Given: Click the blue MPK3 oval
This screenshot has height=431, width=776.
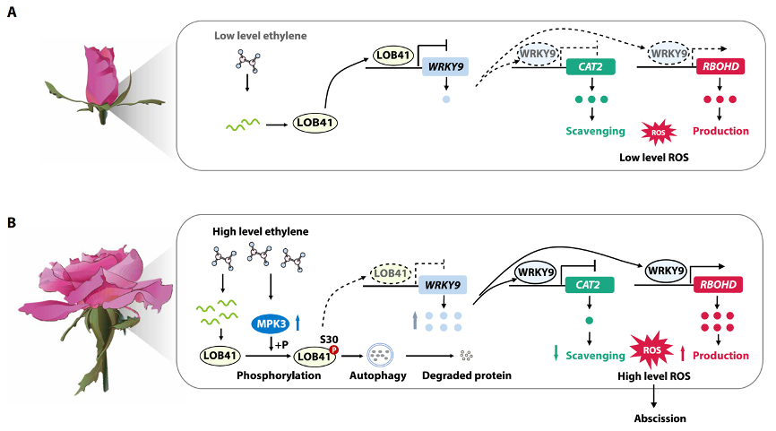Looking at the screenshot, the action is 271,324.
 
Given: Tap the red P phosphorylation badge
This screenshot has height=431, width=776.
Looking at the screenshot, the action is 334,349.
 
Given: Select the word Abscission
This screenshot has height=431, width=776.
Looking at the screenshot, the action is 660,418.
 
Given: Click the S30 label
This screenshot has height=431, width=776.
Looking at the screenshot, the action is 329,340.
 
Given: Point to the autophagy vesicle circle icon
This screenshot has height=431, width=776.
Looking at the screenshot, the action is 380,355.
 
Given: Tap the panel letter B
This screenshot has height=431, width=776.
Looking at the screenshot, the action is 12,223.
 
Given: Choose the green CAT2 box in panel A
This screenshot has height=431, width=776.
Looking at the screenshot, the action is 591,67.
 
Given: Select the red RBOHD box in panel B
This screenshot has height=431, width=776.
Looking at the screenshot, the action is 718,285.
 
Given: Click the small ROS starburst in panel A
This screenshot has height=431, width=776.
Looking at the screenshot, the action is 659,132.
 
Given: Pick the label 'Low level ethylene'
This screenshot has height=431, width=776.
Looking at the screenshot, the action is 261,36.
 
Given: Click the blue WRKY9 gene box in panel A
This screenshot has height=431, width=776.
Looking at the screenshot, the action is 445,67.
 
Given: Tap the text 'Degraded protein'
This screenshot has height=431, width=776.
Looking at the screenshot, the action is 467,375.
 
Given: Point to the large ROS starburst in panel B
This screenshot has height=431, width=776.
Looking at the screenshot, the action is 651,350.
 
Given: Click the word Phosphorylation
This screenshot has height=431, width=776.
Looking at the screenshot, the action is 279,375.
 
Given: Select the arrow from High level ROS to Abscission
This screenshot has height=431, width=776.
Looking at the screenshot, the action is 654,396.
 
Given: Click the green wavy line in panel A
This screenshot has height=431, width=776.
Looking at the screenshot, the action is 243,125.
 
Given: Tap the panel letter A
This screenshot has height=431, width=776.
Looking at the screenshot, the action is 12,12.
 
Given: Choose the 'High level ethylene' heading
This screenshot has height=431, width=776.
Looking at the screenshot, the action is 261,231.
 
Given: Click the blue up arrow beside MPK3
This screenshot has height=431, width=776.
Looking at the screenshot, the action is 297,323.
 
